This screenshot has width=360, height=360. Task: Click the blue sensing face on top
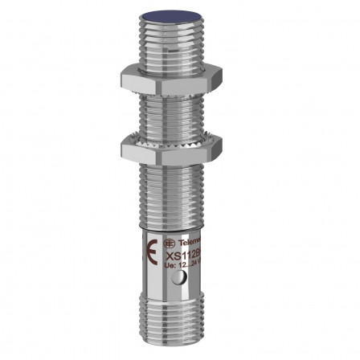click(x=181, y=14)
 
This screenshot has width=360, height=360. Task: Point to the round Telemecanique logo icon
click(x=166, y=240)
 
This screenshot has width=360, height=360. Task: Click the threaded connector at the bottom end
click(x=181, y=326)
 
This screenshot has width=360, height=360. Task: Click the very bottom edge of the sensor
click(x=181, y=347)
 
